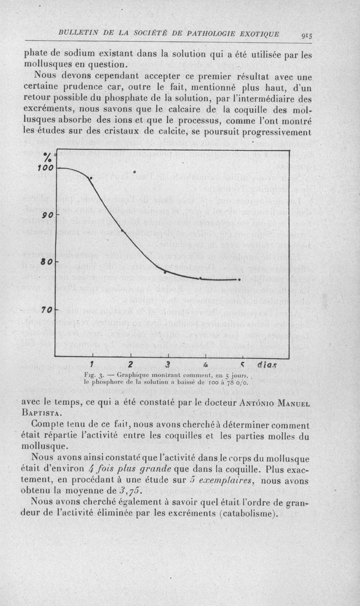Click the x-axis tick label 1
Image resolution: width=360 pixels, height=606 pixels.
[91, 364]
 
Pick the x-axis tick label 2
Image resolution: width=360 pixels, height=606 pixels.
[130, 364]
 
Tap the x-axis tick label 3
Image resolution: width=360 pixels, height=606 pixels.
[167, 364]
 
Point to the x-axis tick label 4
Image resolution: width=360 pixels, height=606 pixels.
[205, 364]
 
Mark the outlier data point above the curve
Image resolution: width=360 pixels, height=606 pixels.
[134, 172]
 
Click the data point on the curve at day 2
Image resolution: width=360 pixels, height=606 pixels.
[122, 231]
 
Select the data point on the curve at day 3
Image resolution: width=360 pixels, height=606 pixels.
[165, 272]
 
